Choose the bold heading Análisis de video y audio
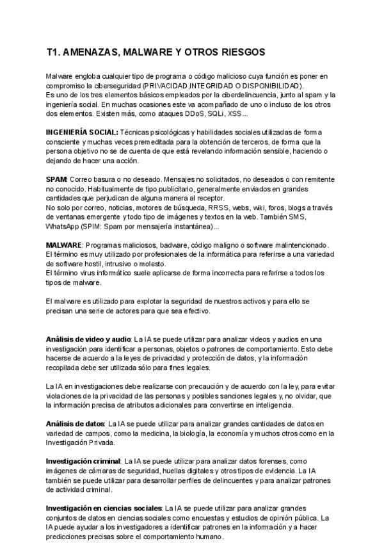point(88,338)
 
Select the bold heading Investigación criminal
point(83,460)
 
